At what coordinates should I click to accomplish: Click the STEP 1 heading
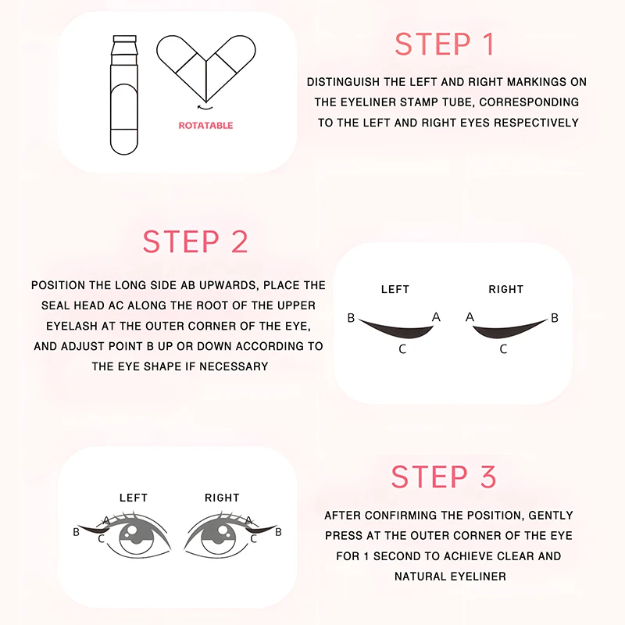445,44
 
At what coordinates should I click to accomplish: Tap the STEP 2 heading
195,241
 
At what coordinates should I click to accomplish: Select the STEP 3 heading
444,477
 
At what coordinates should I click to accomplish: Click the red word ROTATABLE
205,125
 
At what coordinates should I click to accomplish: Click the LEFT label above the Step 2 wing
395,289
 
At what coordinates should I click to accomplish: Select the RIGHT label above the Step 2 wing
505,289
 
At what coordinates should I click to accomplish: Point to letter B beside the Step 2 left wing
352,318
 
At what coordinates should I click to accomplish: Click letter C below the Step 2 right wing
503,349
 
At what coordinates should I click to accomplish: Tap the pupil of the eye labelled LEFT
134,534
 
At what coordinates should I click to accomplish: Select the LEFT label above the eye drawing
133,498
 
